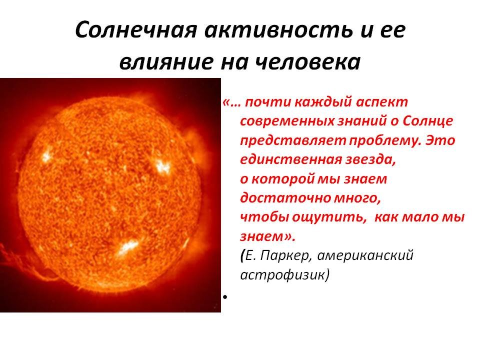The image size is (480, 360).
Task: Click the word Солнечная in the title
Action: [x=135, y=30]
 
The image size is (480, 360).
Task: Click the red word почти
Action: [x=268, y=102]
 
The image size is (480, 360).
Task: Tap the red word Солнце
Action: [x=427, y=121]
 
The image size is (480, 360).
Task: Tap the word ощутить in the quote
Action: [x=329, y=217]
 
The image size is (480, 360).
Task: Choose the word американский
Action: [x=365, y=256]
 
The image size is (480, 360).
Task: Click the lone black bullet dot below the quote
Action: [x=225, y=296]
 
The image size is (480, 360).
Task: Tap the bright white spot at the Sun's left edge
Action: [x=46, y=155]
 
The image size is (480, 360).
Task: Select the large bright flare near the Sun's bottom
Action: [x=127, y=246]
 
